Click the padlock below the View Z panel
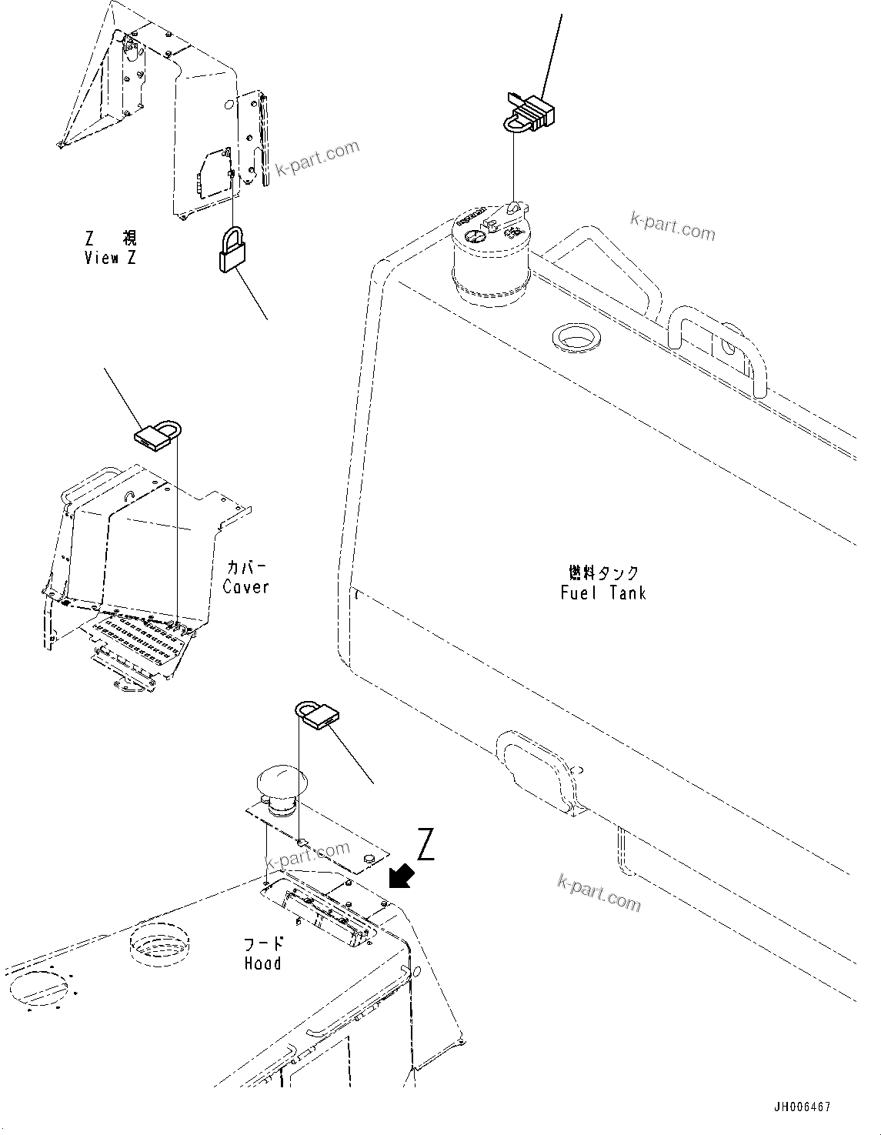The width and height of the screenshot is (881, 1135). click(x=230, y=250)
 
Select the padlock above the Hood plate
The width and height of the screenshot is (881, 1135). click(x=316, y=713)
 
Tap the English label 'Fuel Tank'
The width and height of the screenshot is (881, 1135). click(x=603, y=593)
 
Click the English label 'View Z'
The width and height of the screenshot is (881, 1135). click(x=110, y=259)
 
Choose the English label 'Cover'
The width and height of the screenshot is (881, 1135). click(x=246, y=587)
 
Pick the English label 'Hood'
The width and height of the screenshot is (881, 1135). click(x=262, y=963)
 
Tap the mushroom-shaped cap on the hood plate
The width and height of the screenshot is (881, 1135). click(x=279, y=783)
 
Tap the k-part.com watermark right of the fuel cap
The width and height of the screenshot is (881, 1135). click(x=672, y=225)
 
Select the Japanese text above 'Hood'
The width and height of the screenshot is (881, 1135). click(x=263, y=943)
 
